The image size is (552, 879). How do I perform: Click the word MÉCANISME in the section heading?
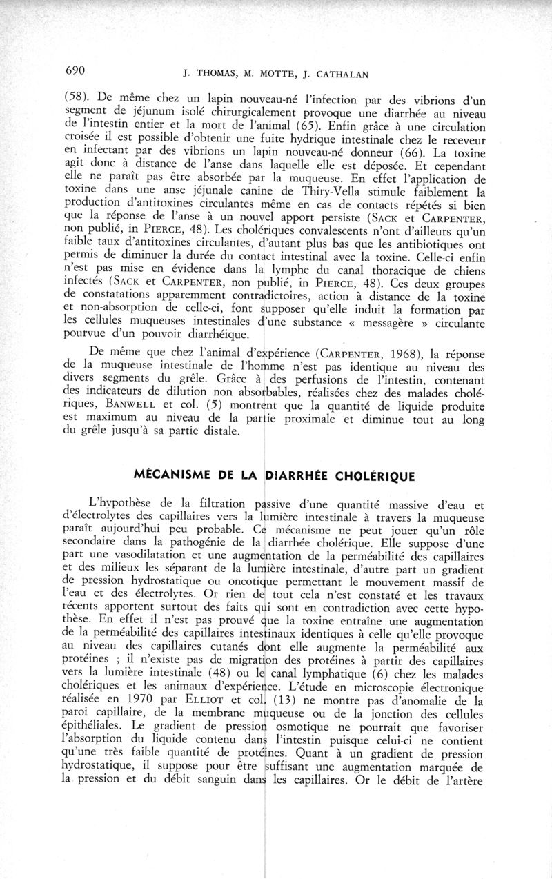pyautogui.click(x=175, y=475)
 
